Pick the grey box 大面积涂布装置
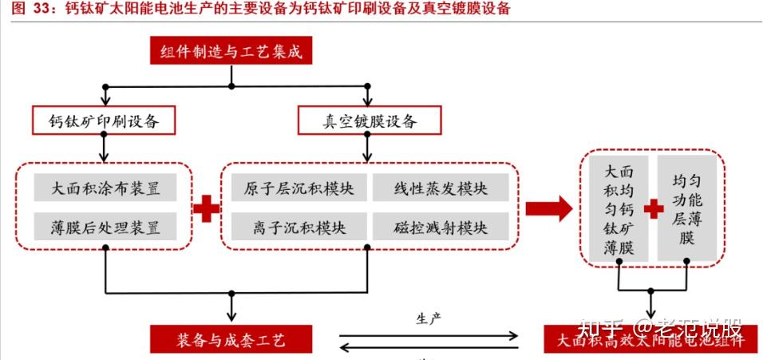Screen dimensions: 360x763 (x=105, y=189)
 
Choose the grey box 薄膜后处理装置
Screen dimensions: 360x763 (x=105, y=227)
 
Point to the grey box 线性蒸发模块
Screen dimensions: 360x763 (x=441, y=189)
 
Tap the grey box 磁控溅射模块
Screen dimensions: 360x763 (x=441, y=227)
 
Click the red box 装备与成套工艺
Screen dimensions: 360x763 (x=231, y=338)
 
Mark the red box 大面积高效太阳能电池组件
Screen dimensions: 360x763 (x=650, y=338)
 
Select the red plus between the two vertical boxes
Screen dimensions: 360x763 (x=654, y=209)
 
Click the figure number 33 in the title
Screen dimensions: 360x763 (x=42, y=9)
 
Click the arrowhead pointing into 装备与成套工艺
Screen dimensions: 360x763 (x=231, y=318)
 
